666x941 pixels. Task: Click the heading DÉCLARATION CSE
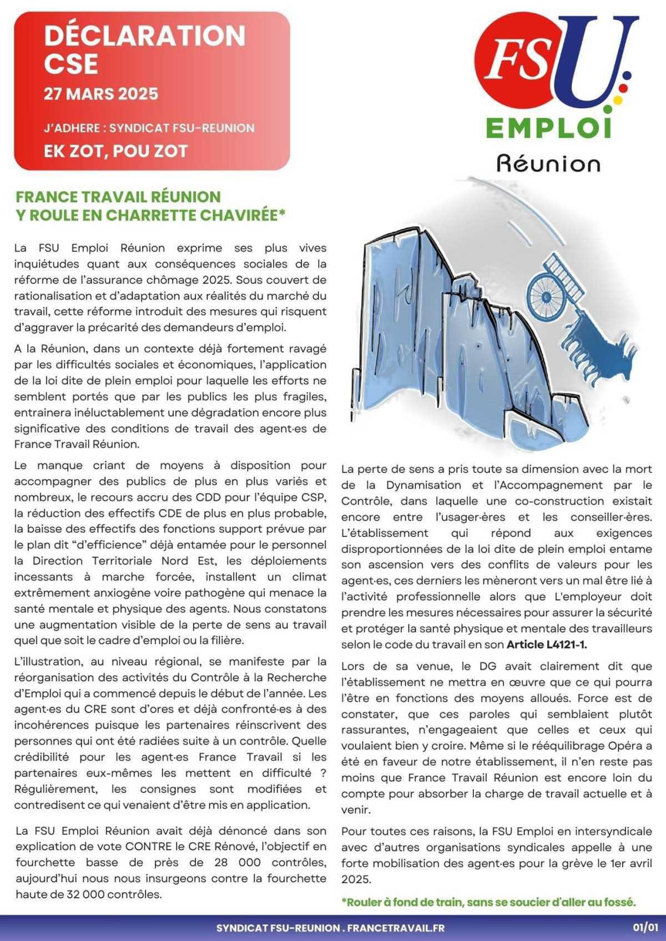coord(144,50)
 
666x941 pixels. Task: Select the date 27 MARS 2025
coord(101,93)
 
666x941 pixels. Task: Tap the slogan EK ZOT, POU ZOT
coord(115,150)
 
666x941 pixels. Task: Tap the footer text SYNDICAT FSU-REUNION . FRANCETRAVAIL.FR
coord(330,928)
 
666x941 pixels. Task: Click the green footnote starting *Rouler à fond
coord(488,902)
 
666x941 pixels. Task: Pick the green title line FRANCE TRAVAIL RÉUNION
coord(118,197)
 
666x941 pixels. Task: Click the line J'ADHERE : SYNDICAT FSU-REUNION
coord(149,128)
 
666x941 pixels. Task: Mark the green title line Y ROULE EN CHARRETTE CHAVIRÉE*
coord(150,214)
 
